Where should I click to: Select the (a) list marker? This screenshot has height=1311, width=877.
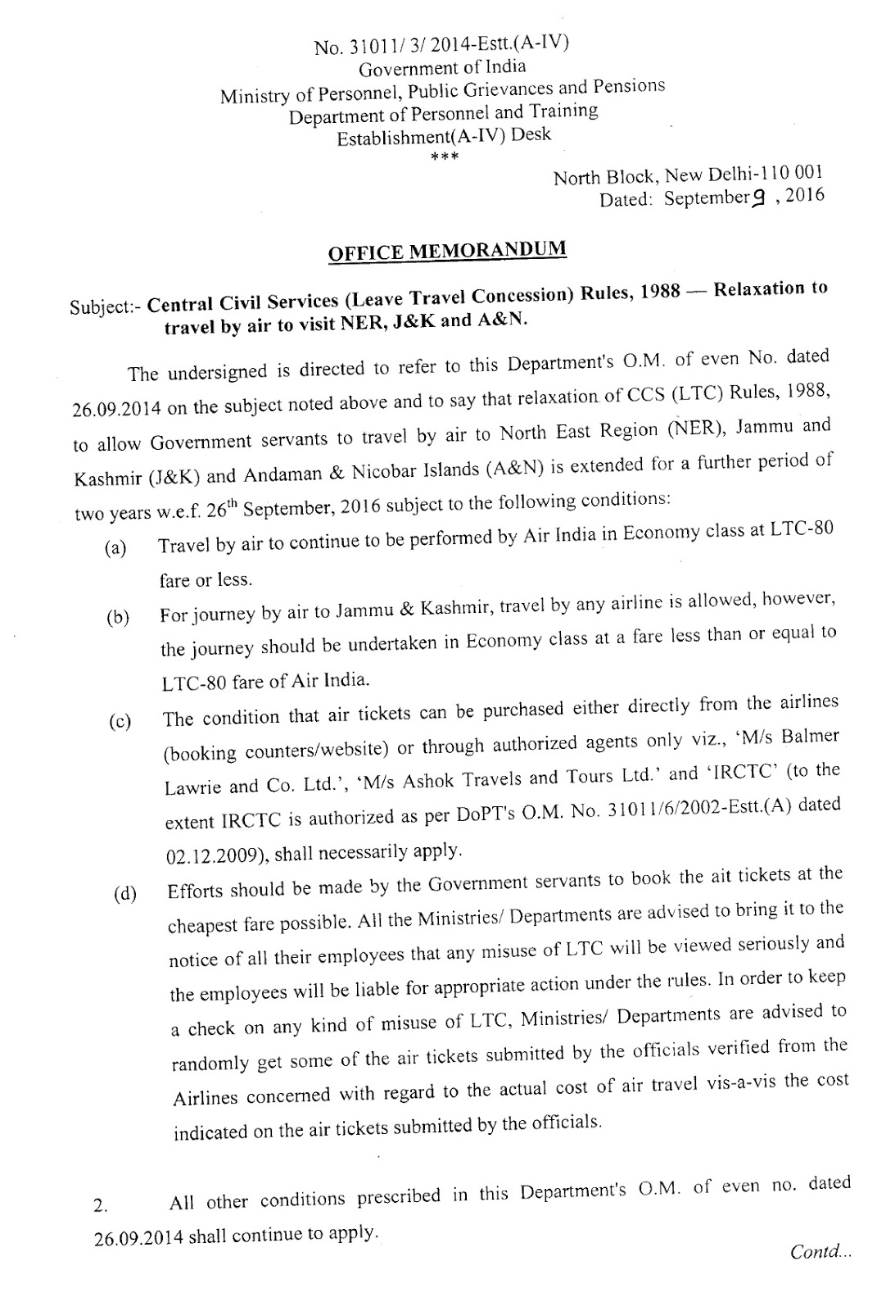click(115, 548)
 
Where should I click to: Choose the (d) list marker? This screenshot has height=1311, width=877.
click(125, 894)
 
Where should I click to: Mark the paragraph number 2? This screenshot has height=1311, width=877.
click(100, 1206)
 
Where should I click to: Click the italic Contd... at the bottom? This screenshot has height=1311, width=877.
click(820, 1251)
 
